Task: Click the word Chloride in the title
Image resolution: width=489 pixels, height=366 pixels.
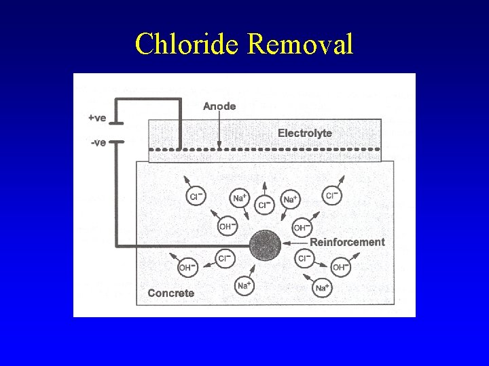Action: [188, 45]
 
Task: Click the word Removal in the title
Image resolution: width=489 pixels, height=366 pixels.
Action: [301, 45]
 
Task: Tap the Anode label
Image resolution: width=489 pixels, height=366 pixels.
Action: [219, 106]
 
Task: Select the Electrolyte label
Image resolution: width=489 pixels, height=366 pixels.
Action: [305, 133]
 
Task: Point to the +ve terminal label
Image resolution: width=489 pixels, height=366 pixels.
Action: [97, 118]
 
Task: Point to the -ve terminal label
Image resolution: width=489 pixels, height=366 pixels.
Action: [98, 143]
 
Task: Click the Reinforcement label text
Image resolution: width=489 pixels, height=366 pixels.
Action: [347, 242]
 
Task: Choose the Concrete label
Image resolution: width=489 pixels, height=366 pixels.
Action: [171, 293]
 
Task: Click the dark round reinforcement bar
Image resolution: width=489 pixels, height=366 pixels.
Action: [265, 246]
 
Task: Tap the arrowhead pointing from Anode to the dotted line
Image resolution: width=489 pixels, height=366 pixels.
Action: [219, 144]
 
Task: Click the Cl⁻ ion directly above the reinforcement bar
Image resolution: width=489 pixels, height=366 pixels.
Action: [264, 205]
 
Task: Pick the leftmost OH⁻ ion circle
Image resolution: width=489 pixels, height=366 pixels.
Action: [186, 268]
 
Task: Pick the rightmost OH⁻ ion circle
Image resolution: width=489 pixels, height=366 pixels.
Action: [340, 268]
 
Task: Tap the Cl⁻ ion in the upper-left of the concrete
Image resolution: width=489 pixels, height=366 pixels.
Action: [195, 197]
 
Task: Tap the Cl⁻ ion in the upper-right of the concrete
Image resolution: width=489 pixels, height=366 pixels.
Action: [331, 197]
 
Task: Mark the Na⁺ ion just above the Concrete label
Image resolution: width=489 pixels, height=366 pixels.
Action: [243, 286]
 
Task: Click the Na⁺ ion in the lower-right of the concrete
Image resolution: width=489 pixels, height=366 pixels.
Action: [322, 288]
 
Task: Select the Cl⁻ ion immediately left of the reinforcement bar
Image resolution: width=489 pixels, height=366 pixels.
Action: [225, 258]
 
